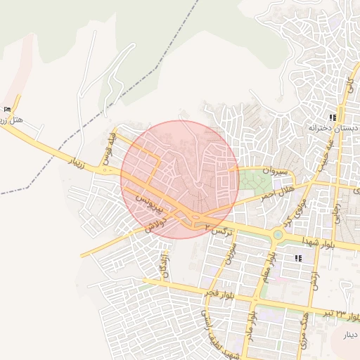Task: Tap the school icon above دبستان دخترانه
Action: [333, 117]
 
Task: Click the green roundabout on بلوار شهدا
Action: [278, 235]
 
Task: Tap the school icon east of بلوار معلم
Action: [299, 259]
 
